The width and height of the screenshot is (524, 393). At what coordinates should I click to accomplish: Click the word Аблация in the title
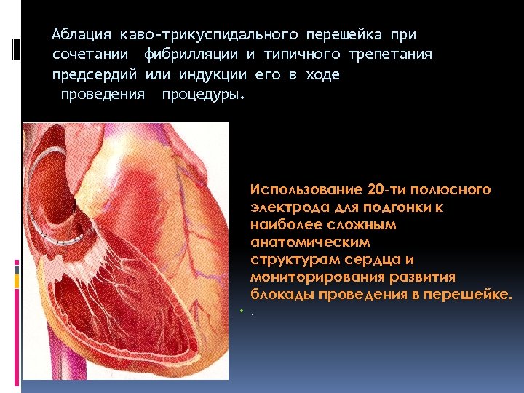click(82, 35)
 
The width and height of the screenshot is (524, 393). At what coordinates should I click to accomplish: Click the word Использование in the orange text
click(307, 190)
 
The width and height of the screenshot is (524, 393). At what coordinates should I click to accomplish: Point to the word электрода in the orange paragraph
click(284, 207)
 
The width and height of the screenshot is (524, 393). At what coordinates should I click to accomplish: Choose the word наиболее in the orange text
click(287, 225)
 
